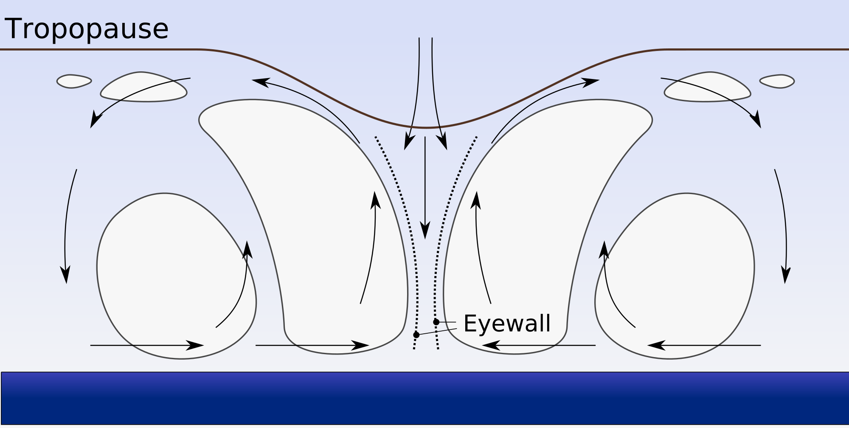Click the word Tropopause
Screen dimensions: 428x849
(x=87, y=29)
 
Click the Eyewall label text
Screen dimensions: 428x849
(x=507, y=324)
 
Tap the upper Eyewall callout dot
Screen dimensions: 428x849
(x=436, y=322)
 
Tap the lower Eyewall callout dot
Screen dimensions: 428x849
(x=416, y=335)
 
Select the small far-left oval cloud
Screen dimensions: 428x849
(x=74, y=81)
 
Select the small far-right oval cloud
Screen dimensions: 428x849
(x=777, y=81)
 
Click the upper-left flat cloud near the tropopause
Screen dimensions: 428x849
(x=143, y=88)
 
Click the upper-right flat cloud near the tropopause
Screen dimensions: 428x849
(x=708, y=88)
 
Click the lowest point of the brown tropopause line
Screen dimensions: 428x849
(x=426, y=127)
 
